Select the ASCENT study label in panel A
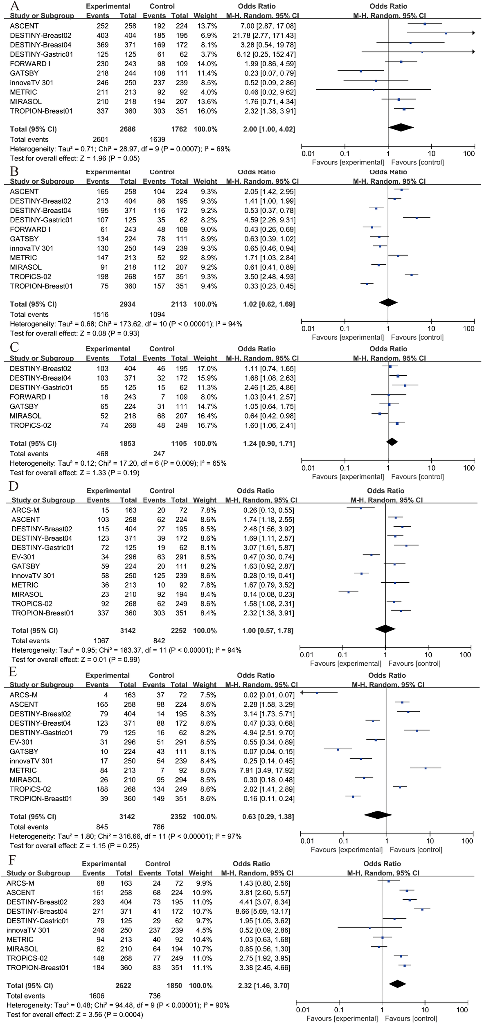click(24, 26)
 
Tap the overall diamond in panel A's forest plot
click(401, 128)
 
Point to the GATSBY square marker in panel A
click(361, 72)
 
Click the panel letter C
click(14, 347)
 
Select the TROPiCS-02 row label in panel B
click(30, 277)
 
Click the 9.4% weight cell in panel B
click(207, 286)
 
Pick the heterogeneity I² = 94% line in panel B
click(126, 324)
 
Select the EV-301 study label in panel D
click(23, 557)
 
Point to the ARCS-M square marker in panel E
click(317, 693)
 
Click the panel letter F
click(11, 859)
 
